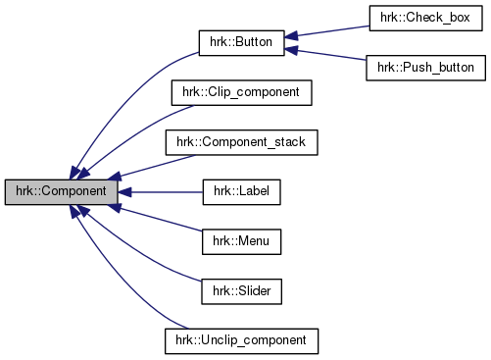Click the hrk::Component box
tap(61, 191)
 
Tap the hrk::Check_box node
tap(425, 19)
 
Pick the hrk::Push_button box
tap(425, 69)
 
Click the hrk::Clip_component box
tap(241, 93)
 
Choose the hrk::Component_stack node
tap(241, 142)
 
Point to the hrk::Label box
tap(241, 191)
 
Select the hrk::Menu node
tap(241, 240)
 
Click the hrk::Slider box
tap(241, 290)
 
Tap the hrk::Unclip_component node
tap(241, 339)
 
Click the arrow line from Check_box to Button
tap(328, 31)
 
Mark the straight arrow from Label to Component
tap(162, 191)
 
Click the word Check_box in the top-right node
tap(436, 19)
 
